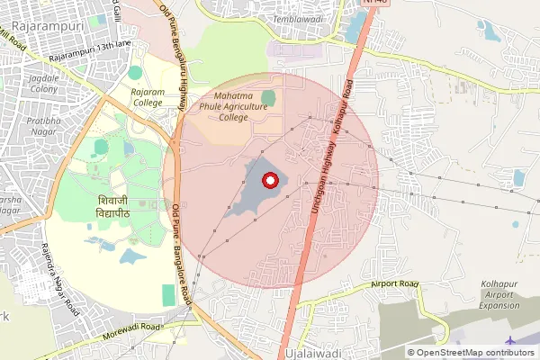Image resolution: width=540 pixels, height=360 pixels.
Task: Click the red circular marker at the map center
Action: click(x=267, y=181)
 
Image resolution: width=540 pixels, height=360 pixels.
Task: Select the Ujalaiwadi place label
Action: click(x=310, y=354)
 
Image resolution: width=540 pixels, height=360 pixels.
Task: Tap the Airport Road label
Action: click(x=396, y=285)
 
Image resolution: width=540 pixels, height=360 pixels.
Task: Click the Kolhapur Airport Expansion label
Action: click(x=501, y=294)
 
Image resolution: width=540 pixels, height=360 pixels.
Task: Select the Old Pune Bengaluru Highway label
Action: click(x=175, y=54)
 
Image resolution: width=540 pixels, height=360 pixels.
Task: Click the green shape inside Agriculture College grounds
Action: click(x=268, y=96)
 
